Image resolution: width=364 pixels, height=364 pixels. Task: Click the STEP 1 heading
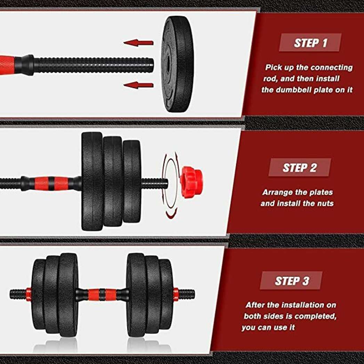[x=310, y=43]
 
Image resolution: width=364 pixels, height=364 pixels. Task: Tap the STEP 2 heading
[x=299, y=168]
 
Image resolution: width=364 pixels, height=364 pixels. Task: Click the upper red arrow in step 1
[x=139, y=43]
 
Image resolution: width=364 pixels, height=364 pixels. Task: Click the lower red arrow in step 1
[x=139, y=85]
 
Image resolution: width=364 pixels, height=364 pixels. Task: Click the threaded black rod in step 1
[x=94, y=65]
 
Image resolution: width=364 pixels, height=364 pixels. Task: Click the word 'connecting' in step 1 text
[x=331, y=67]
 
